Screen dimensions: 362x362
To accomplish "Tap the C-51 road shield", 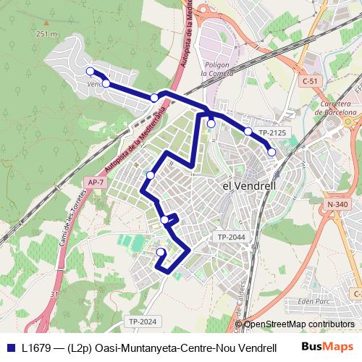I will coord(310,81).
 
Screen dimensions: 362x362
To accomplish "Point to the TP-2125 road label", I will coord(273,132).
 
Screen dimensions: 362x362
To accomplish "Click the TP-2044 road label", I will coord(232,237).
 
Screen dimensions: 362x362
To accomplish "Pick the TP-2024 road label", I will coord(142,321).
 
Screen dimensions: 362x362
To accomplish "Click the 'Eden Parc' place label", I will coord(313,300).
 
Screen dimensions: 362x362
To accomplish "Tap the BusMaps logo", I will coord(327,347).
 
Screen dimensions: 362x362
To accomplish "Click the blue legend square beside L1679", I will coord(11,348).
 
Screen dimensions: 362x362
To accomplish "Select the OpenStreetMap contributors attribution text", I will coord(299,324).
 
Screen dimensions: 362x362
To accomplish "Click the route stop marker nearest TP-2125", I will coord(248,131).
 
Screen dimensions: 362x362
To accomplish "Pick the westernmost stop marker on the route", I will coord(90,71).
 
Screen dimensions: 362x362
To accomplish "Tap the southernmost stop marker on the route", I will coord(161,252).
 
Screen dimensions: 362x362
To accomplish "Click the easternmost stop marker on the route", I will coord(271,152).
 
